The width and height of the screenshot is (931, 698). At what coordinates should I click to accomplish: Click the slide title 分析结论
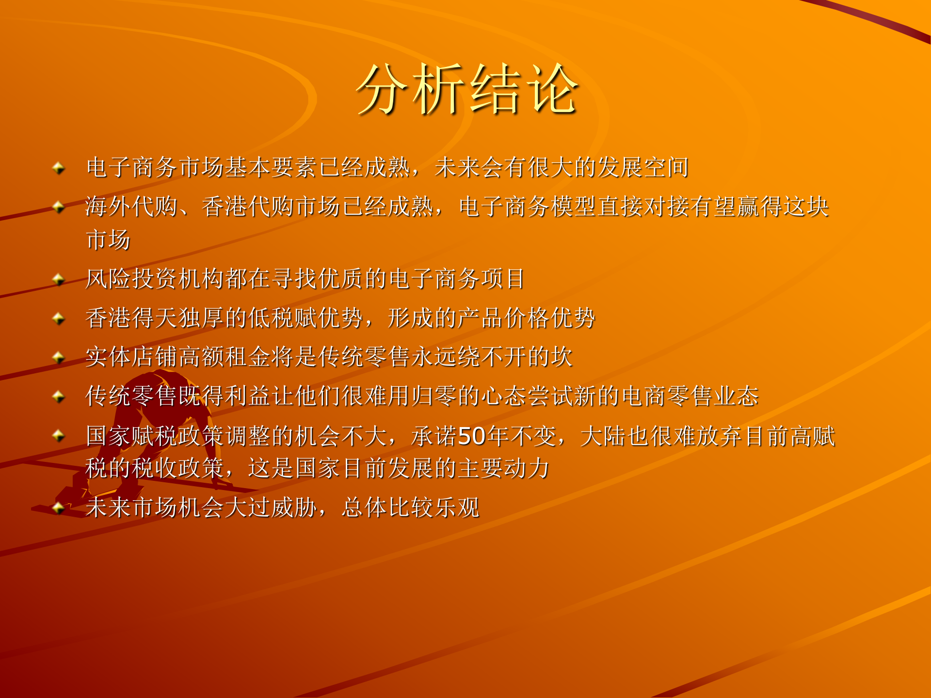coord(466,90)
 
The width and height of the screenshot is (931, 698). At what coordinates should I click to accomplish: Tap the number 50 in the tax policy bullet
coord(472,436)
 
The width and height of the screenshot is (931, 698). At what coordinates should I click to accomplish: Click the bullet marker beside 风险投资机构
coord(59,279)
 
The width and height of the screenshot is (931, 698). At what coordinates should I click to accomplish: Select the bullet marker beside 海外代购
coord(59,207)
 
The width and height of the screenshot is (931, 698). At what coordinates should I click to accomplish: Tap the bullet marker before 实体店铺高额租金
coord(59,357)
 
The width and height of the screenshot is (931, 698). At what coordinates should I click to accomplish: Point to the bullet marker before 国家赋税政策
coord(59,435)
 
